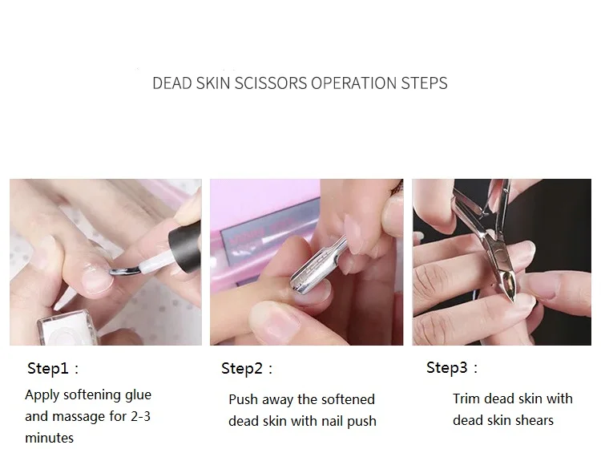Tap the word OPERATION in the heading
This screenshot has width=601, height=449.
[x=353, y=83]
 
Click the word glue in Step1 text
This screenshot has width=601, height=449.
[x=139, y=395]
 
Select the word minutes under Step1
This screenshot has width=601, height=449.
[x=49, y=438]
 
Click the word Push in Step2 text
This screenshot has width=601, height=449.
[x=243, y=399]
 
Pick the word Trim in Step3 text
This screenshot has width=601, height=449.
[x=466, y=398]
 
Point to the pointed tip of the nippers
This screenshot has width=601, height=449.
[x=513, y=301]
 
